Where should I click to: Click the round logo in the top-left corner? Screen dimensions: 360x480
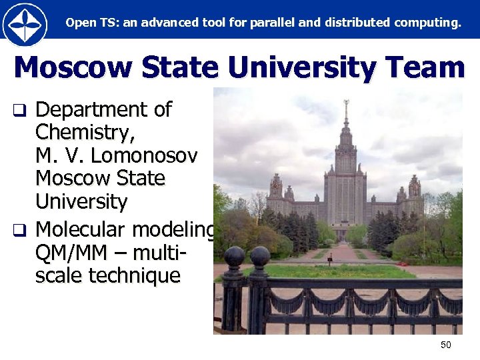pyautogui.click(x=25, y=25)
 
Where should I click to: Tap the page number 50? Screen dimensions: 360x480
pyautogui.click(x=446, y=345)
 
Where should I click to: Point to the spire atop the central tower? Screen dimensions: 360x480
pyautogui.click(x=345, y=110)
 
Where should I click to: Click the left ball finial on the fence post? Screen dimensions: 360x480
pyautogui.click(x=234, y=256)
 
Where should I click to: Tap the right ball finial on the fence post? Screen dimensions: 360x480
pyautogui.click(x=260, y=256)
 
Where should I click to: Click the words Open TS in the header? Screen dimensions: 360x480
pyautogui.click(x=85, y=23)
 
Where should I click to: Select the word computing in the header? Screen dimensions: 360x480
pyautogui.click(x=426, y=23)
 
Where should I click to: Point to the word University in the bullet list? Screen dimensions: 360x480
pyautogui.click(x=81, y=201)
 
